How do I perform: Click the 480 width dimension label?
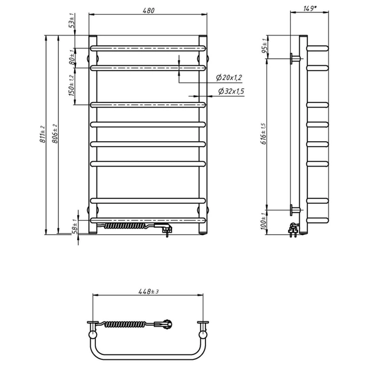[148, 11]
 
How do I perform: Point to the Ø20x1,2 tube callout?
[230, 77]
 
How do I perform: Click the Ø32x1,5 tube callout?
[231, 91]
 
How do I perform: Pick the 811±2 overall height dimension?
[43, 135]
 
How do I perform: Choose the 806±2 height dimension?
[55, 135]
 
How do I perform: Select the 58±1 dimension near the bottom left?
[74, 228]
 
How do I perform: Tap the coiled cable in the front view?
[127, 225]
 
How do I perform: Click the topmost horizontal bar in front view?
[148, 47]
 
